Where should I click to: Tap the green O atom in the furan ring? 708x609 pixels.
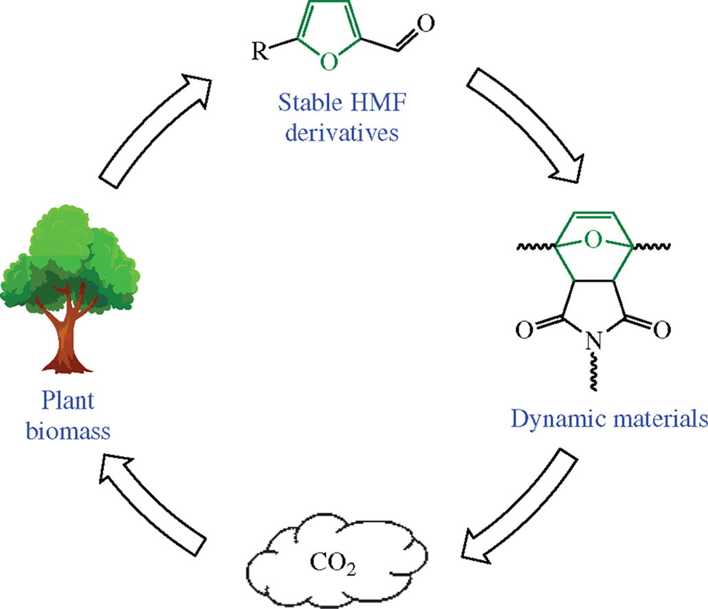329,61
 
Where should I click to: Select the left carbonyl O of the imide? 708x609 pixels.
524,331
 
